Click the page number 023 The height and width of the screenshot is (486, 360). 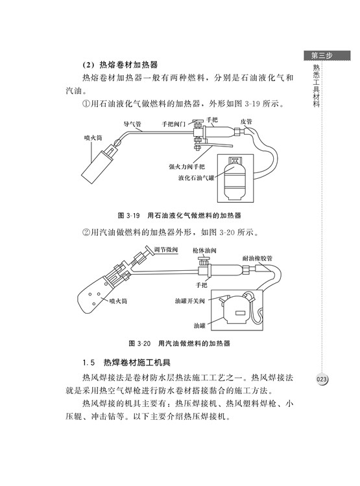pos(322,379)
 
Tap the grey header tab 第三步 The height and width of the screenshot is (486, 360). pos(327,56)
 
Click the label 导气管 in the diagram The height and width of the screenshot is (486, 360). pos(132,124)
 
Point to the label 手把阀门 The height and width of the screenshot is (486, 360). pos(173,124)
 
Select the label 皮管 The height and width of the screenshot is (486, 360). pos(246,122)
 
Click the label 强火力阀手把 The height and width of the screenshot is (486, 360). pos(187,167)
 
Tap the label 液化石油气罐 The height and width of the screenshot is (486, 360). pos(196,178)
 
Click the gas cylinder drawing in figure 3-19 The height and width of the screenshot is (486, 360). pos(235,178)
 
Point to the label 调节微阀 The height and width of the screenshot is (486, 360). pos(165,250)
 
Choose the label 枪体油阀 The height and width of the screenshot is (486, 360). pos(204,250)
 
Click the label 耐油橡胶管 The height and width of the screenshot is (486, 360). pos(258,258)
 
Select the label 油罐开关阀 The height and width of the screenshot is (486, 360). pos(190,301)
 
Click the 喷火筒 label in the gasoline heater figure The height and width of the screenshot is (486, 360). pos(118,301)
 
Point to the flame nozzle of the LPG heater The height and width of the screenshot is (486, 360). pos(98,165)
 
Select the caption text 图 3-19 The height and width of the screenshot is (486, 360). pos(129,215)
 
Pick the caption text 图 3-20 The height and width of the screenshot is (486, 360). pos(139,343)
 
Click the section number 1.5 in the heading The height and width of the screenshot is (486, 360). pos(88,362)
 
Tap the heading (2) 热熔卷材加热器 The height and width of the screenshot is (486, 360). pos(120,65)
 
